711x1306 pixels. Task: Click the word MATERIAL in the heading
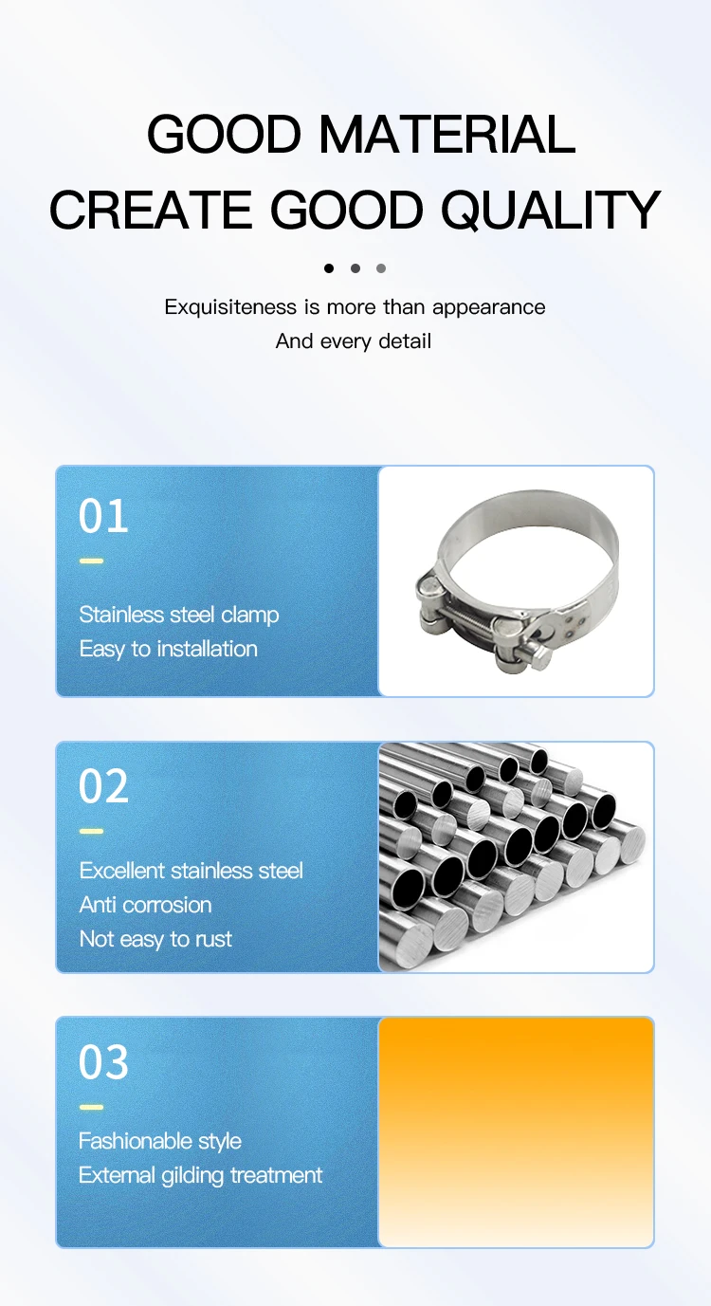point(447,134)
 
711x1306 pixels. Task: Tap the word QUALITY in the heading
point(551,210)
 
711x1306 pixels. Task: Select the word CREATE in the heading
point(151,210)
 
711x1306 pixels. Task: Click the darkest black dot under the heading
point(329,268)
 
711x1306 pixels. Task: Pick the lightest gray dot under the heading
point(381,268)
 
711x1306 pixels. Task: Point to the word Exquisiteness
point(230,307)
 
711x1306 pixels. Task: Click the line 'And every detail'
point(354,341)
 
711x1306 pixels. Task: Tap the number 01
point(103,516)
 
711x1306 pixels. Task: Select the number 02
point(103,786)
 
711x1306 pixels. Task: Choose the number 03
point(103,1061)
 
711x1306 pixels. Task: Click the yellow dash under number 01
point(92,561)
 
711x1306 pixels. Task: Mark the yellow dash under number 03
point(92,1107)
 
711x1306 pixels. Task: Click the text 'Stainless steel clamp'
point(179,616)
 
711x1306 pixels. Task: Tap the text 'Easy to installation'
point(169,649)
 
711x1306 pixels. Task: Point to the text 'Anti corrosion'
point(146,905)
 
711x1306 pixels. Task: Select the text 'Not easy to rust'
point(155,939)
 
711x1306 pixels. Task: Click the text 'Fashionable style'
point(160,1141)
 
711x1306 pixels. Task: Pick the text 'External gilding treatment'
point(200,1175)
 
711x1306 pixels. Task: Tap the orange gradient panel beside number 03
point(517,1132)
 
